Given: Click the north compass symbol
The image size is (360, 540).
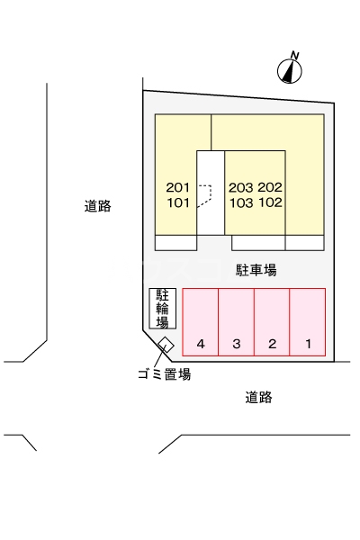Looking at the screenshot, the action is [290, 71].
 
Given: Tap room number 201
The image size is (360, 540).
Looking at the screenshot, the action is [178, 188].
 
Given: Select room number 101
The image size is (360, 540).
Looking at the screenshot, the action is [178, 202].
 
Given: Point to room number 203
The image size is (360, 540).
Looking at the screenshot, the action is [241, 188].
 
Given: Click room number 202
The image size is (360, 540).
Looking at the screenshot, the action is [270, 187].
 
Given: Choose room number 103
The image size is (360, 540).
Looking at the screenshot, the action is [241, 202].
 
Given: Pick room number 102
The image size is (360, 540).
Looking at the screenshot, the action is [270, 202].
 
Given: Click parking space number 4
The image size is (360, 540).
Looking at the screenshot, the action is [200, 321].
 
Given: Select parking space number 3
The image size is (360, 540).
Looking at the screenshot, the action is [237, 321].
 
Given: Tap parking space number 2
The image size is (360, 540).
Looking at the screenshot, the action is [272, 321].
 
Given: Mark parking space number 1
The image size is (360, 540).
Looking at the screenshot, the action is [308, 321].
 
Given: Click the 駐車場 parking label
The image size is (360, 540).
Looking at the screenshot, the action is [256, 270].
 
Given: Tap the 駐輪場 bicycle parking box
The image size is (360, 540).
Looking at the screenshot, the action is [163, 308].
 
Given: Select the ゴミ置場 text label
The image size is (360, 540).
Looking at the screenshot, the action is [165, 374].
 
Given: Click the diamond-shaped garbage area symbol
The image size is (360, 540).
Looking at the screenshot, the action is [166, 345].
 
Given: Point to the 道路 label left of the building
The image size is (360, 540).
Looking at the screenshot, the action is [98, 206].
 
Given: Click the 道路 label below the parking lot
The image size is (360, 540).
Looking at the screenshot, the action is [258, 397].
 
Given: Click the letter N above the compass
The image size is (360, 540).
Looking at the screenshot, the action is [295, 55].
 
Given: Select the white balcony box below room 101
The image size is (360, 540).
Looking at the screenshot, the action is [175, 243].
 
